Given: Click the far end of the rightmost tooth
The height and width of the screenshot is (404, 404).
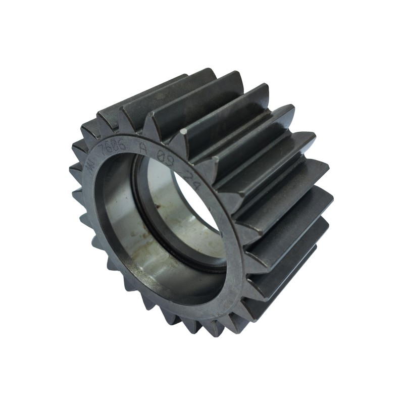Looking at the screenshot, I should click(331, 194).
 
